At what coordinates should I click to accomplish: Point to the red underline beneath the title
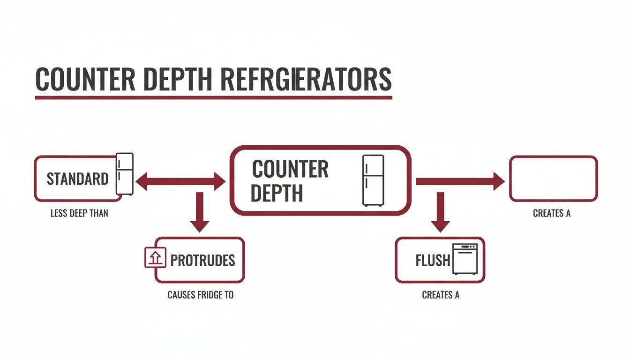tap(213, 97)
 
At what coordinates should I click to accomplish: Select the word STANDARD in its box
tap(77, 179)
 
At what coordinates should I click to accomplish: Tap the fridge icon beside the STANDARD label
tap(125, 173)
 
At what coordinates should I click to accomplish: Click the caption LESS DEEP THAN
tap(79, 213)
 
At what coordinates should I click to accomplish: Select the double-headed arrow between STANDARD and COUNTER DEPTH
tap(180, 181)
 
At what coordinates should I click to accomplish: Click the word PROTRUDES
tap(202, 260)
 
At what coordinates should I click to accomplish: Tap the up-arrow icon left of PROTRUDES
tap(155, 257)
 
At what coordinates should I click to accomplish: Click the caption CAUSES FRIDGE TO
tap(200, 295)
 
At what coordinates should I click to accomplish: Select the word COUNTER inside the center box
tap(290, 169)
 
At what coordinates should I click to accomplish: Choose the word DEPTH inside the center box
tap(277, 193)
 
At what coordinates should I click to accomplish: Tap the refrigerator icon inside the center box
tap(373, 180)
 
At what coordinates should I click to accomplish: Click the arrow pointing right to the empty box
tap(460, 181)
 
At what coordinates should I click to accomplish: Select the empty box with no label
tap(553, 179)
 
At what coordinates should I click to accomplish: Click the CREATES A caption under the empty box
tap(552, 213)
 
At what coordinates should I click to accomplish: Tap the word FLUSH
tap(432, 260)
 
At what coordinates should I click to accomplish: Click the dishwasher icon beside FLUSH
tap(465, 259)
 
